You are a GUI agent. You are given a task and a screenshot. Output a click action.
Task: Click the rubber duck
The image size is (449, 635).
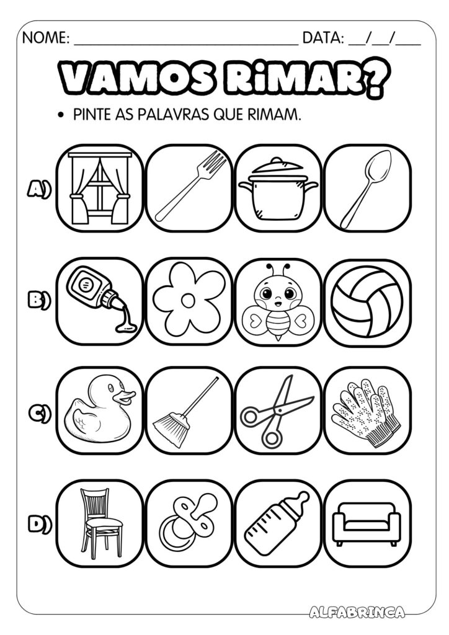tap(99, 410)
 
